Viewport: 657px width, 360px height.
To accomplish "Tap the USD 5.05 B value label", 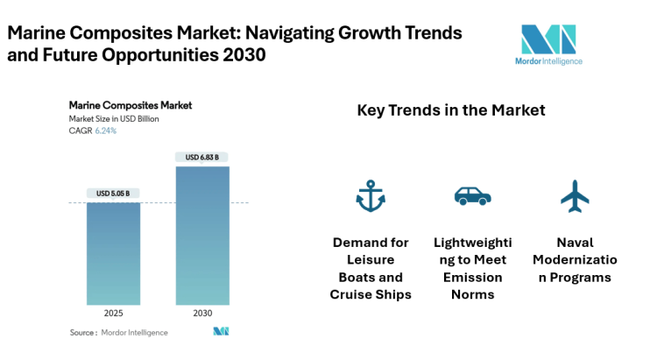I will click(113, 194).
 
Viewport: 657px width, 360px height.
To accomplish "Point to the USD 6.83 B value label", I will click(202, 158).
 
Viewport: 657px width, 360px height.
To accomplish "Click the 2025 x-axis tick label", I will click(113, 313).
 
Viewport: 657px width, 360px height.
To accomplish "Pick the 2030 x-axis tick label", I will click(202, 313).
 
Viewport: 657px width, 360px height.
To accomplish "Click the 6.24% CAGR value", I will click(105, 131).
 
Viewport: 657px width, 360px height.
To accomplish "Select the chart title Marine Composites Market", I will click(131, 105).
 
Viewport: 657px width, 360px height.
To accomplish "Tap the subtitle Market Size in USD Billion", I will click(114, 118).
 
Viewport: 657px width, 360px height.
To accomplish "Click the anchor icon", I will click(371, 196).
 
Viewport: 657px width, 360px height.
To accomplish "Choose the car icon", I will click(472, 196).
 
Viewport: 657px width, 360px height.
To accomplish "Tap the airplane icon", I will click(575, 196).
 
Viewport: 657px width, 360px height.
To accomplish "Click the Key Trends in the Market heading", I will click(451, 110).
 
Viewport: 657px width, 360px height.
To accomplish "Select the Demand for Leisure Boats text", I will click(371, 268).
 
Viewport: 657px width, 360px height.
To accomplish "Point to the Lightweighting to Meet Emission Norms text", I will click(472, 268).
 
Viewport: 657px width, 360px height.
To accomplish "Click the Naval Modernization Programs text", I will click(575, 260).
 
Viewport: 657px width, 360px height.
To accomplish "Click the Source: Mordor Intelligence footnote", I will click(119, 333).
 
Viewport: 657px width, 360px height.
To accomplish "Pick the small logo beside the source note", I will click(221, 332).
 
